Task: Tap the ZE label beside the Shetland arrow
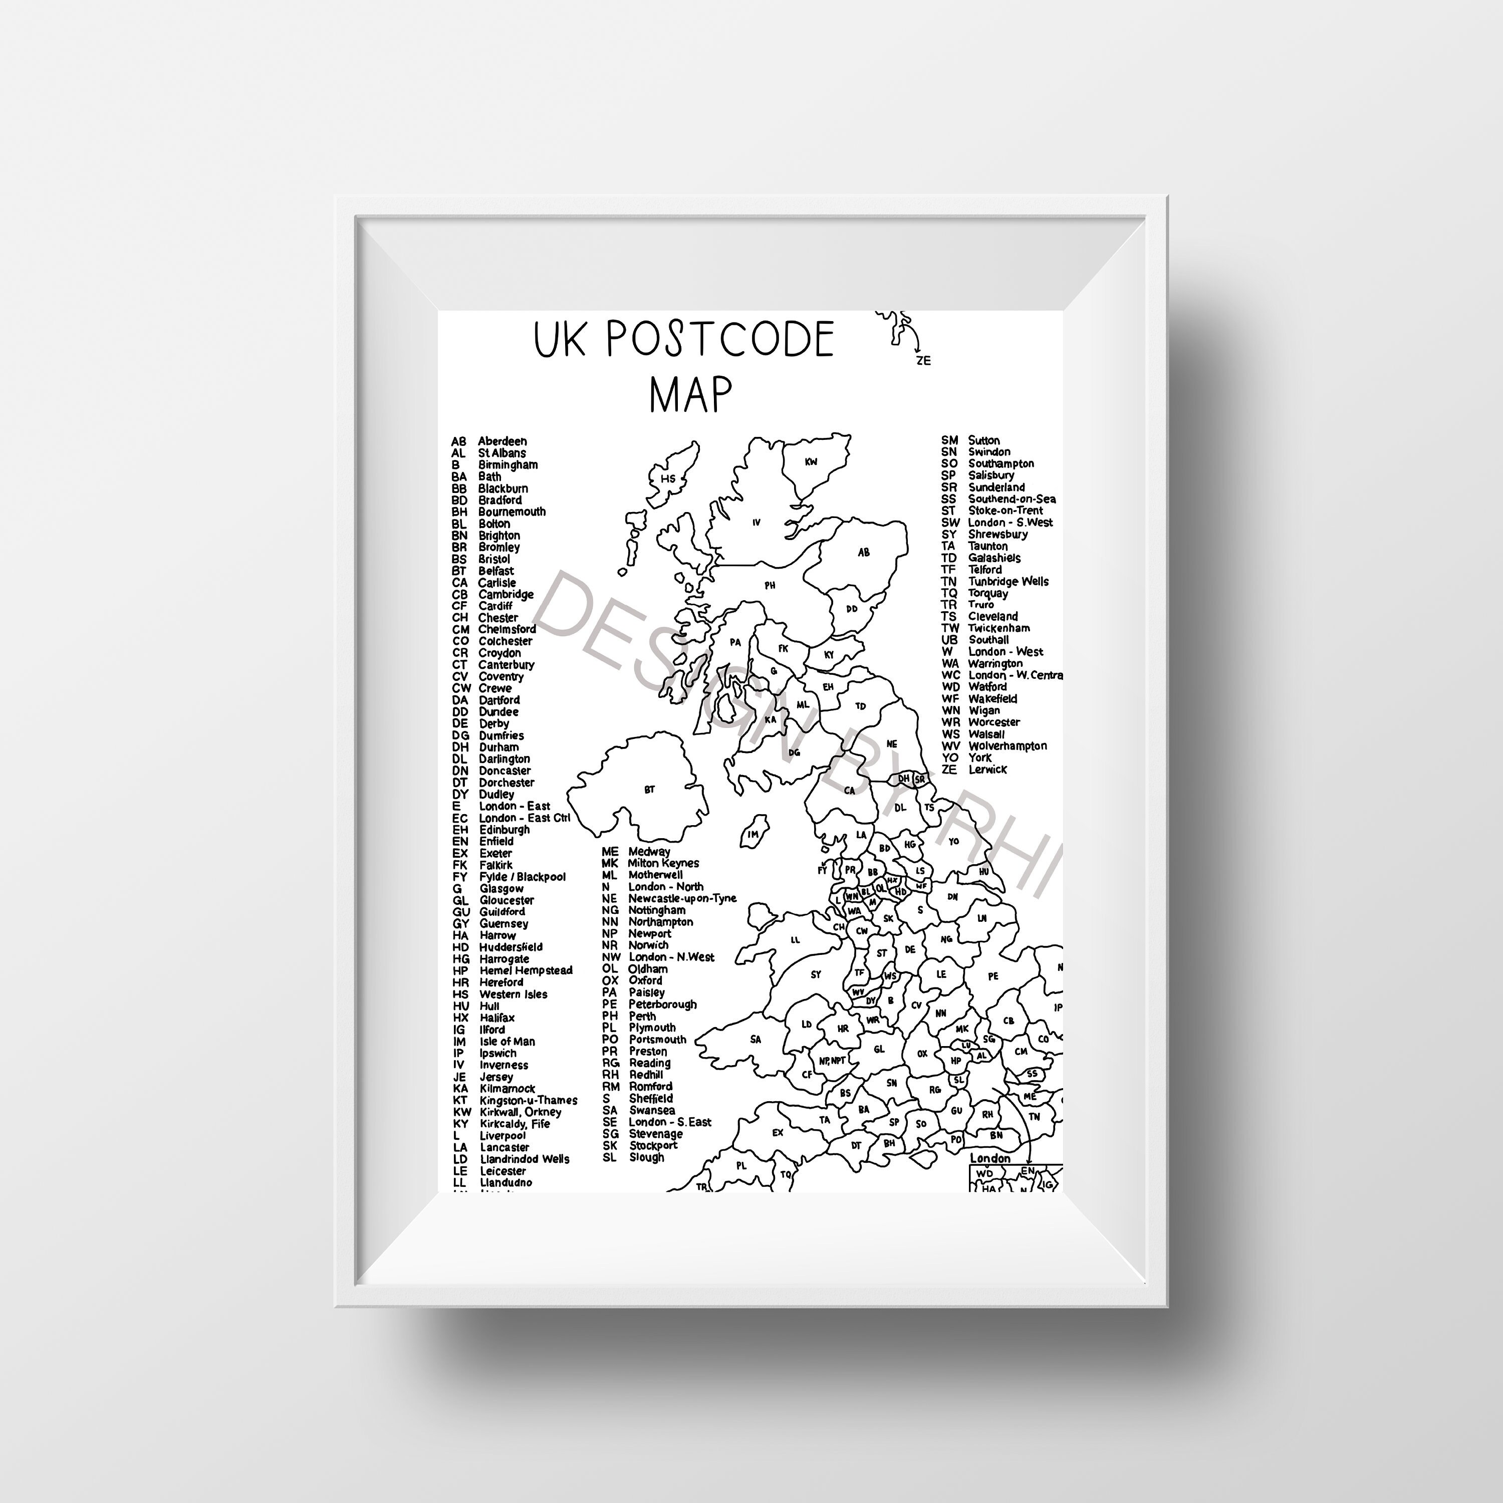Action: (923, 360)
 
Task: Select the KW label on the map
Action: (811, 462)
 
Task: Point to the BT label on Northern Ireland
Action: (650, 790)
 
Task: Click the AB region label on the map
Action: (864, 552)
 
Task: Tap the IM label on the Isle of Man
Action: (753, 835)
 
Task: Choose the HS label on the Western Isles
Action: (667, 478)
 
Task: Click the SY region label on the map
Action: (815, 974)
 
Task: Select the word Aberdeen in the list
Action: (502, 441)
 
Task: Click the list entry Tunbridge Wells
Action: (1008, 581)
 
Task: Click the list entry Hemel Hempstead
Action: (525, 970)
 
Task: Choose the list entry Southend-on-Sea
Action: (1012, 498)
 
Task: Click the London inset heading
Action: (989, 1158)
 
